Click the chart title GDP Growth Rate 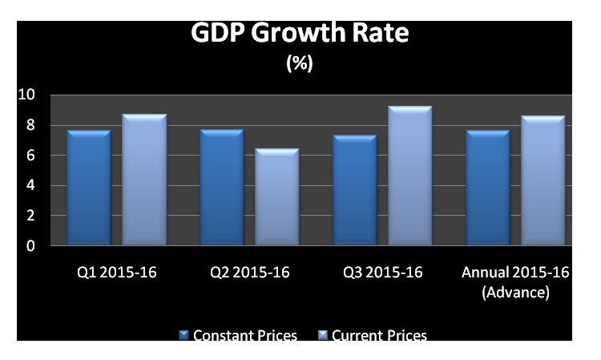point(300,32)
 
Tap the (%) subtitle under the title point(300,63)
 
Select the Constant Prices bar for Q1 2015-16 point(89,188)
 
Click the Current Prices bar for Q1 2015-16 point(144,180)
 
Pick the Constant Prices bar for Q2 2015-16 point(222,187)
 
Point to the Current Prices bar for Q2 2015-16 point(277,196)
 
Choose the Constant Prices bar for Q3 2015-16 point(355,190)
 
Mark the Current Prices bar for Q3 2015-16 point(410,176)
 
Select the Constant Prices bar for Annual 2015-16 point(488,188)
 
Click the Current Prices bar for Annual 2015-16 point(543,180)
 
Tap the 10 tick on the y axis point(26,95)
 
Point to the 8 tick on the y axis point(30,125)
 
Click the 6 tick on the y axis point(30,156)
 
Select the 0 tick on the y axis point(30,246)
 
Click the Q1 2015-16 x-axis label point(117,272)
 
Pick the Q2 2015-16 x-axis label point(250,272)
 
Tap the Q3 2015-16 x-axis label point(383,272)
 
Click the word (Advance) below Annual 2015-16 point(515,293)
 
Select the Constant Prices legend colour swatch point(184,335)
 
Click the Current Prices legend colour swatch point(323,335)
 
